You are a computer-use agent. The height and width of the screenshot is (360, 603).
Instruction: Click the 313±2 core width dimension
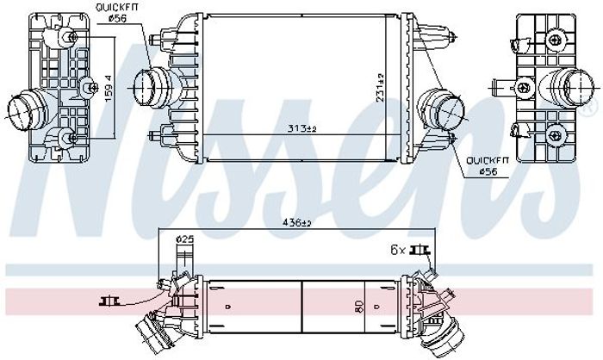(301, 128)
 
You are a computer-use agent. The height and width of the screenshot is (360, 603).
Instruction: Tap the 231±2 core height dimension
(381, 87)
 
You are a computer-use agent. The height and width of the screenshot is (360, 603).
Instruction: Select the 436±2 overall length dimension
(297, 222)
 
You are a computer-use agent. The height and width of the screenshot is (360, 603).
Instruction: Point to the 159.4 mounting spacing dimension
(109, 88)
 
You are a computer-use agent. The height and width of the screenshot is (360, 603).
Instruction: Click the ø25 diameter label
(184, 239)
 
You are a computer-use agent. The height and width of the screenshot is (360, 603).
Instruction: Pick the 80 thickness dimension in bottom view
(358, 306)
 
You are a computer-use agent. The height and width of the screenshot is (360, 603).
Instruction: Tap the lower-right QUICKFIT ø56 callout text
(488, 166)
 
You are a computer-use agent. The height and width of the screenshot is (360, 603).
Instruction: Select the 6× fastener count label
(398, 251)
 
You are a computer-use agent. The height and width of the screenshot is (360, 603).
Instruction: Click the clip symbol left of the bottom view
(109, 301)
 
